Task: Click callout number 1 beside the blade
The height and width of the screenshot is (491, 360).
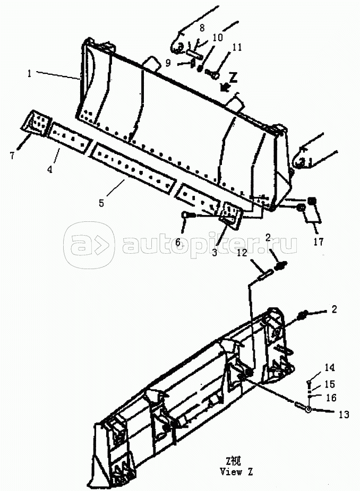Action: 29,74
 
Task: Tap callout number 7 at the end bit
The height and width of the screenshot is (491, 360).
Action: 12,155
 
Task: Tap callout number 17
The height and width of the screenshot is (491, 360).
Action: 319,242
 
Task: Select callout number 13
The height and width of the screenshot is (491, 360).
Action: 344,414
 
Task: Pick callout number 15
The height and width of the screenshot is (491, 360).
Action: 329,384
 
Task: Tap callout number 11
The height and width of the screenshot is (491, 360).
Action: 237,47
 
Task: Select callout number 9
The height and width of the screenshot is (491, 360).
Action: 168,63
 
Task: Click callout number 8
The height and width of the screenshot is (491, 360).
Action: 202,28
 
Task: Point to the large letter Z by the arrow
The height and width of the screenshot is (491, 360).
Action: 233,77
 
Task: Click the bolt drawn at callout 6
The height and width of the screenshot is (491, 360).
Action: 189,215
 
